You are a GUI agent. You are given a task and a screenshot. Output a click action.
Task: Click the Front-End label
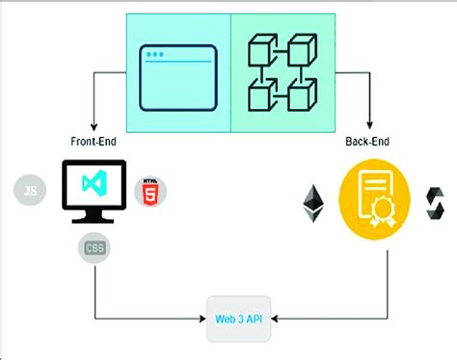point(94,141)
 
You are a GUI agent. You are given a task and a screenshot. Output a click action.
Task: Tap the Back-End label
point(367,141)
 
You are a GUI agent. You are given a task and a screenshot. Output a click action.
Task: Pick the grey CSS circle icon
point(94,248)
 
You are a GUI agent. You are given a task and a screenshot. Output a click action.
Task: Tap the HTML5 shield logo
point(149,190)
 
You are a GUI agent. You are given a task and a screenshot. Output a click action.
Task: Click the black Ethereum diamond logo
point(314,203)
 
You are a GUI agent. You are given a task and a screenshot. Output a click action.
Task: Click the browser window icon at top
point(178,75)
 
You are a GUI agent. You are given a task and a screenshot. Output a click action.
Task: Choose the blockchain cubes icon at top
point(282,74)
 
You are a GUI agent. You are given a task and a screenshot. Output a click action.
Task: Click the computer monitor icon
point(94,194)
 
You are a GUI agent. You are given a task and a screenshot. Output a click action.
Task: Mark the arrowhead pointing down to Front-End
point(94,127)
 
